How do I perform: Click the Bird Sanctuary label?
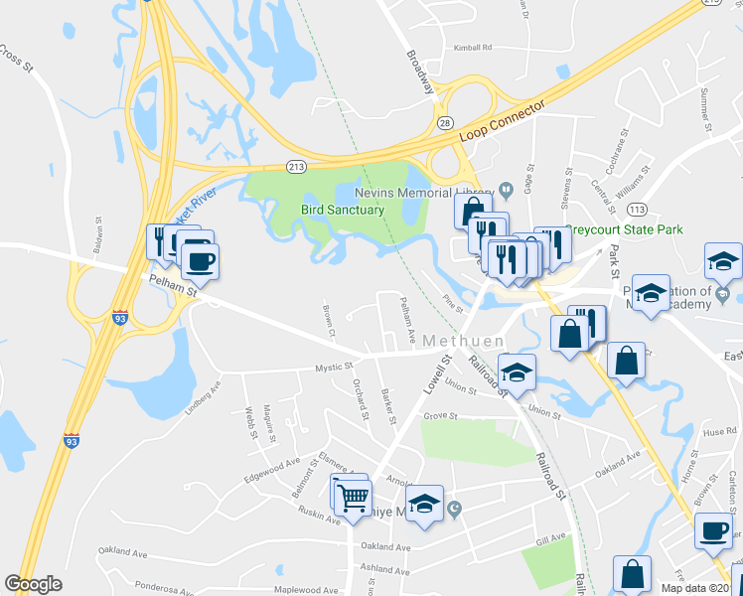coord(342,210)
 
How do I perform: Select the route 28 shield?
coord(443,121)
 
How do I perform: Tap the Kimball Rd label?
coord(473,47)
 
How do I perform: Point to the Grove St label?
coord(440,415)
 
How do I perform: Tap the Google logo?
coord(33,584)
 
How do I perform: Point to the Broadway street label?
coord(420,70)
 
